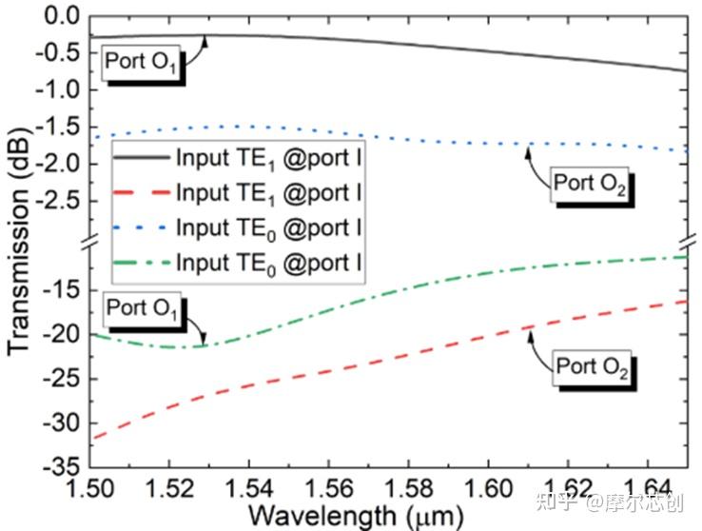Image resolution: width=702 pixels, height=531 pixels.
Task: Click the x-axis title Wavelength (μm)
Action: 353,515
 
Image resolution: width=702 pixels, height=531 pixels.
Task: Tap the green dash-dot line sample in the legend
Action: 139,261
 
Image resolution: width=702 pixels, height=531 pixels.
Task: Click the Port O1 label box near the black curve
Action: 141,65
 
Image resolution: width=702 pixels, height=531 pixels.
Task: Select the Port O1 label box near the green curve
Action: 143,308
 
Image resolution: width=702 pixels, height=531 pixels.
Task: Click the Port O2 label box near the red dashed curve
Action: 592,366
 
